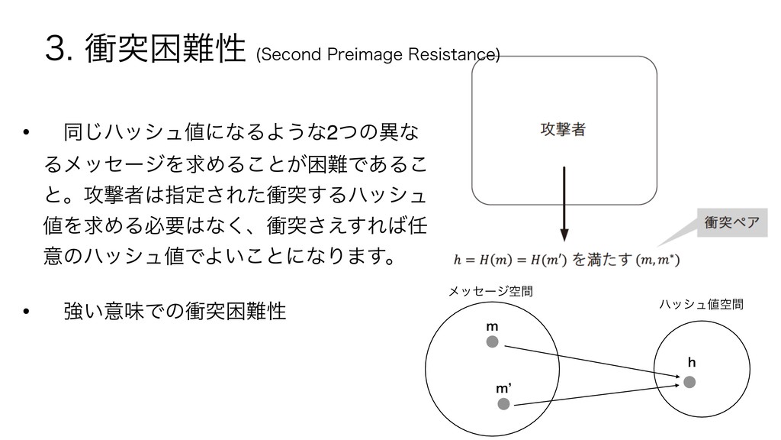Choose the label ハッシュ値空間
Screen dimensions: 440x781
pos(700,305)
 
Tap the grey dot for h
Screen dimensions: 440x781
pos(689,380)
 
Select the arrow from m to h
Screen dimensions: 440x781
pos(591,361)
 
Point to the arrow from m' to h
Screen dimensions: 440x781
pos(595,393)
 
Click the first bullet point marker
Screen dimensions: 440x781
pos(27,135)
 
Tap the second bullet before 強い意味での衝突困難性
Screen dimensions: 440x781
pos(27,311)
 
